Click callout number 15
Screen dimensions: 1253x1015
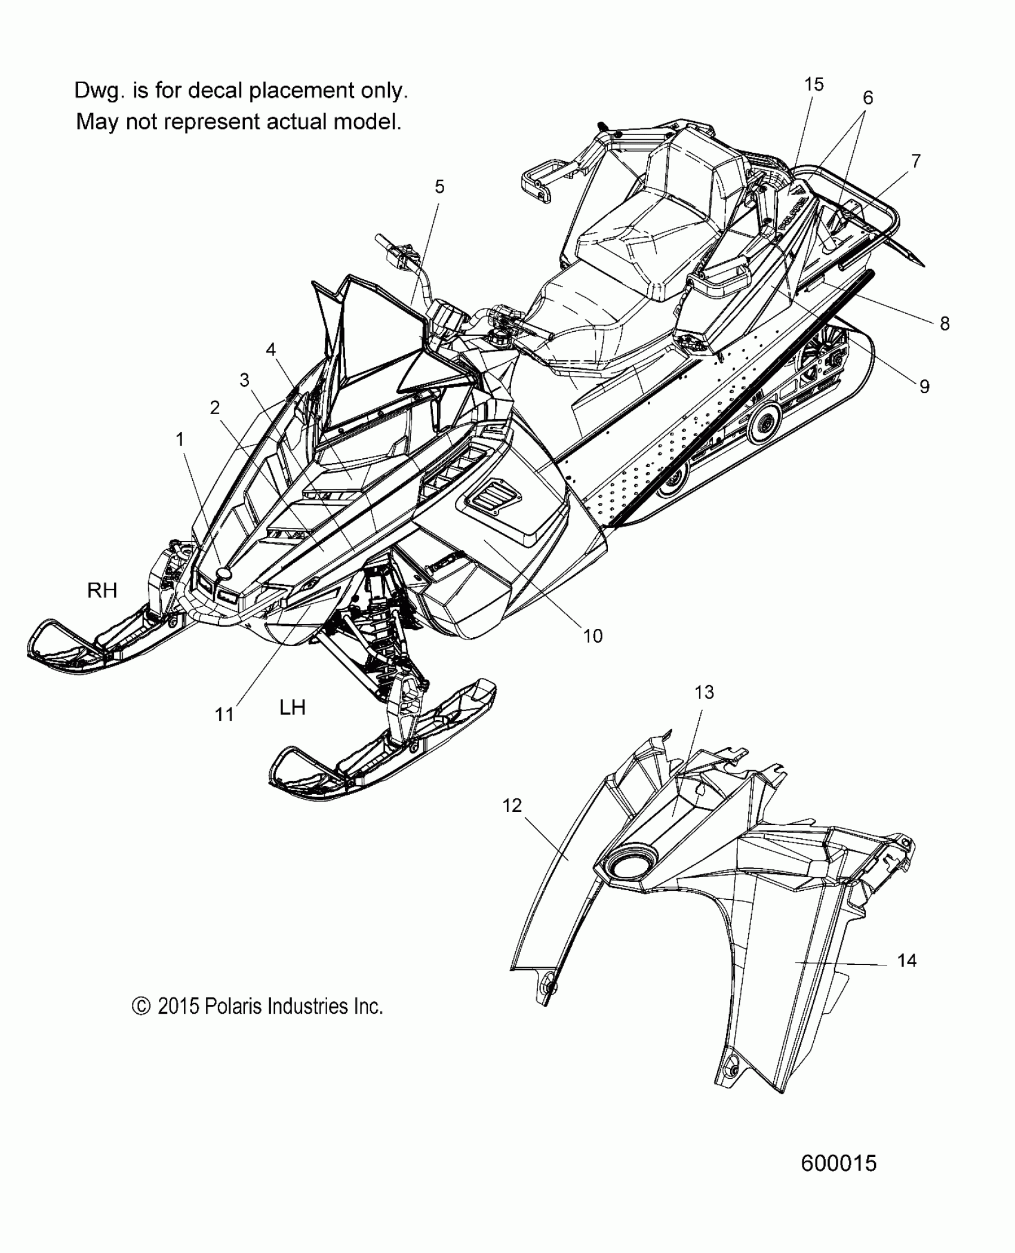(x=813, y=85)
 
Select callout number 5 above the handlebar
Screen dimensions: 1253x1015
(x=439, y=187)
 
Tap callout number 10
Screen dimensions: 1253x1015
(x=592, y=636)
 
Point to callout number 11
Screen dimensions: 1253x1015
(x=224, y=714)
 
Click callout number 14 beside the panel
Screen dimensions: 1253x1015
(x=906, y=961)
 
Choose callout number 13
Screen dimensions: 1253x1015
(x=704, y=692)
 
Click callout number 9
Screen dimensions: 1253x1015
(x=924, y=387)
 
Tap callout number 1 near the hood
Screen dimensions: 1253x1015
(x=180, y=439)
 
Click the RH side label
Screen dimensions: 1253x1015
(x=102, y=591)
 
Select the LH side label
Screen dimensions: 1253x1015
(x=293, y=708)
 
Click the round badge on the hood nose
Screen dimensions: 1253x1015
(x=224, y=573)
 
